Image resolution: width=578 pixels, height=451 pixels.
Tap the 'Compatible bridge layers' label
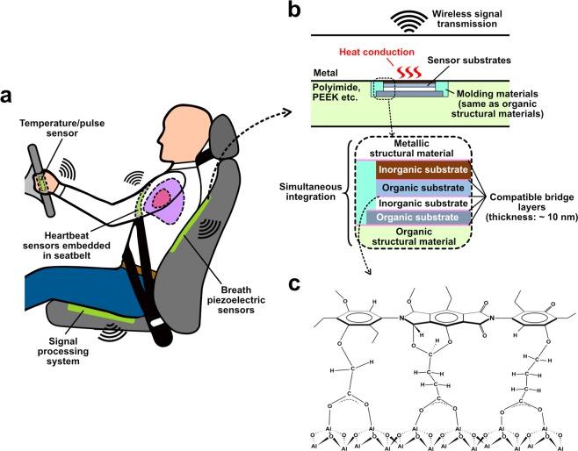[530, 204]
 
